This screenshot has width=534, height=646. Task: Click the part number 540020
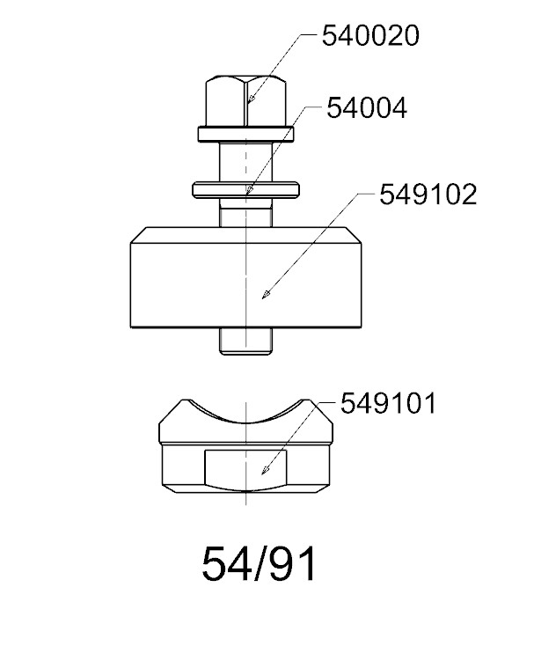(x=370, y=35)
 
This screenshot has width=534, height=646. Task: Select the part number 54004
(x=367, y=108)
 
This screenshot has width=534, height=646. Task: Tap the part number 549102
(x=428, y=195)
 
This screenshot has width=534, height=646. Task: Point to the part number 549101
(x=388, y=403)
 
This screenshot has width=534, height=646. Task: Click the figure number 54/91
(x=260, y=564)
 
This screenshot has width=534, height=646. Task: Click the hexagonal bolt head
(x=245, y=101)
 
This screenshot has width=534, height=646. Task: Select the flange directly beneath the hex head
(x=245, y=135)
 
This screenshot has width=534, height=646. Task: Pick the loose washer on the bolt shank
(x=245, y=189)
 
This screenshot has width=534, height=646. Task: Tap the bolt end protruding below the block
(x=245, y=341)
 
